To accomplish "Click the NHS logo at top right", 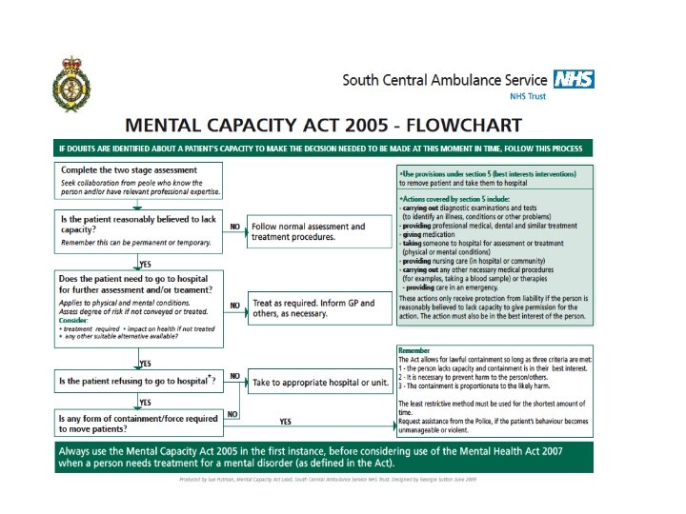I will point(573,80).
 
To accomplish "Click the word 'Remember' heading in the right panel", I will point(414,350).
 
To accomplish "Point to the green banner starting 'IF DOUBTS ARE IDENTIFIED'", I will point(323,148).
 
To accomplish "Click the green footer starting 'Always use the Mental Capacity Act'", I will point(323,456).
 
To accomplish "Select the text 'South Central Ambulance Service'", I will point(445,81).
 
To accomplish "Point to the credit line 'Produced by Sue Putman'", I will point(327,480).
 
